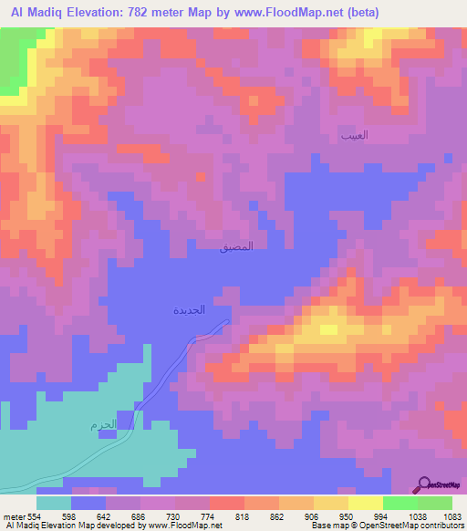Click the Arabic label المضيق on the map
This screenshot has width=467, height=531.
point(237,246)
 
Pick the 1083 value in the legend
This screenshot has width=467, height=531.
point(453,516)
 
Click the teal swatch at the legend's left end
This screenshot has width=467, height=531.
point(54,503)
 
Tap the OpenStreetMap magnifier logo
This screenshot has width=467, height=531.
point(425,485)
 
